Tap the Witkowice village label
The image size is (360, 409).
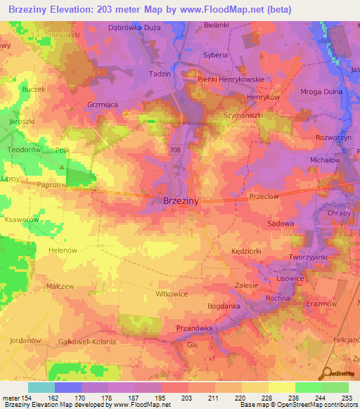(172, 294)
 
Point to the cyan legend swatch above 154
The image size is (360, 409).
(41, 387)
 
